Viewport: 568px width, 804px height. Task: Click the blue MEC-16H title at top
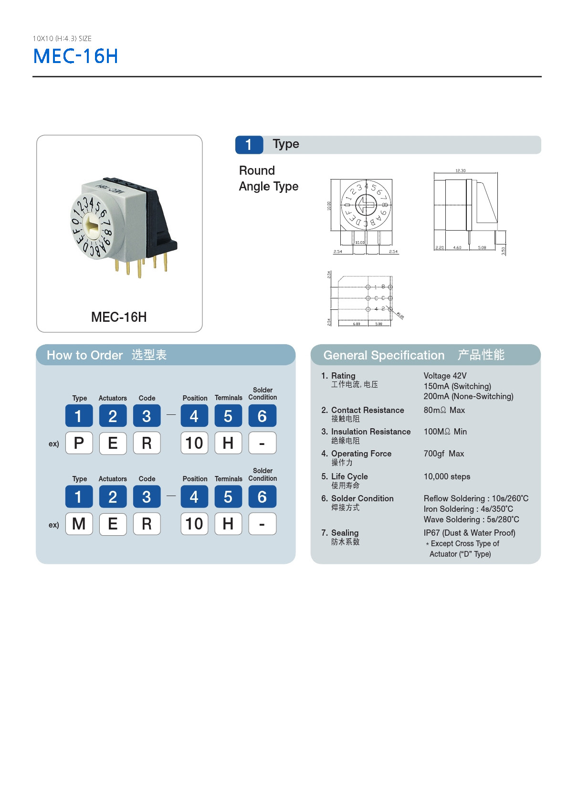point(75,56)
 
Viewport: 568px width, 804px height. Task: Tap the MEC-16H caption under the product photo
point(119,317)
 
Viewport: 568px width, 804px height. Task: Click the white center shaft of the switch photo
point(94,223)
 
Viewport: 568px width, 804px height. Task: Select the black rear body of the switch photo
point(160,224)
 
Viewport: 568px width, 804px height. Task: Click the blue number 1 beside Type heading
point(249,145)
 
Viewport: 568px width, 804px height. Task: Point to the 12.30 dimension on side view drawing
point(460,170)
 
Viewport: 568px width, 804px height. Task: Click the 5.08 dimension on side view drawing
point(482,247)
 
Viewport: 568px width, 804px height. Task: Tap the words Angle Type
point(268,186)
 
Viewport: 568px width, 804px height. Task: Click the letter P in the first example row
point(79,443)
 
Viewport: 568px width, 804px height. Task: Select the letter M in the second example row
point(79,524)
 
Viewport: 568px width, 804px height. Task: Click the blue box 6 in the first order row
point(262,416)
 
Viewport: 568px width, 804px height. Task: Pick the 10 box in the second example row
point(194,524)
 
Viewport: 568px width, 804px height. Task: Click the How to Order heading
point(85,355)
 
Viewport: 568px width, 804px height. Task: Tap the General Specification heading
point(384,355)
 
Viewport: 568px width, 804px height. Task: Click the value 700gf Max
point(443,454)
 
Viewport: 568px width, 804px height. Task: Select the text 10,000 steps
point(447,476)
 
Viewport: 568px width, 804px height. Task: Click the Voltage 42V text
point(445,376)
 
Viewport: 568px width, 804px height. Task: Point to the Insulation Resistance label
point(371,432)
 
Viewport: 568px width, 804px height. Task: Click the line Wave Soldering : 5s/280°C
point(471,519)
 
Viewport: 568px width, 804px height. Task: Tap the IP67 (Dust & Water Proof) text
point(469,533)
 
